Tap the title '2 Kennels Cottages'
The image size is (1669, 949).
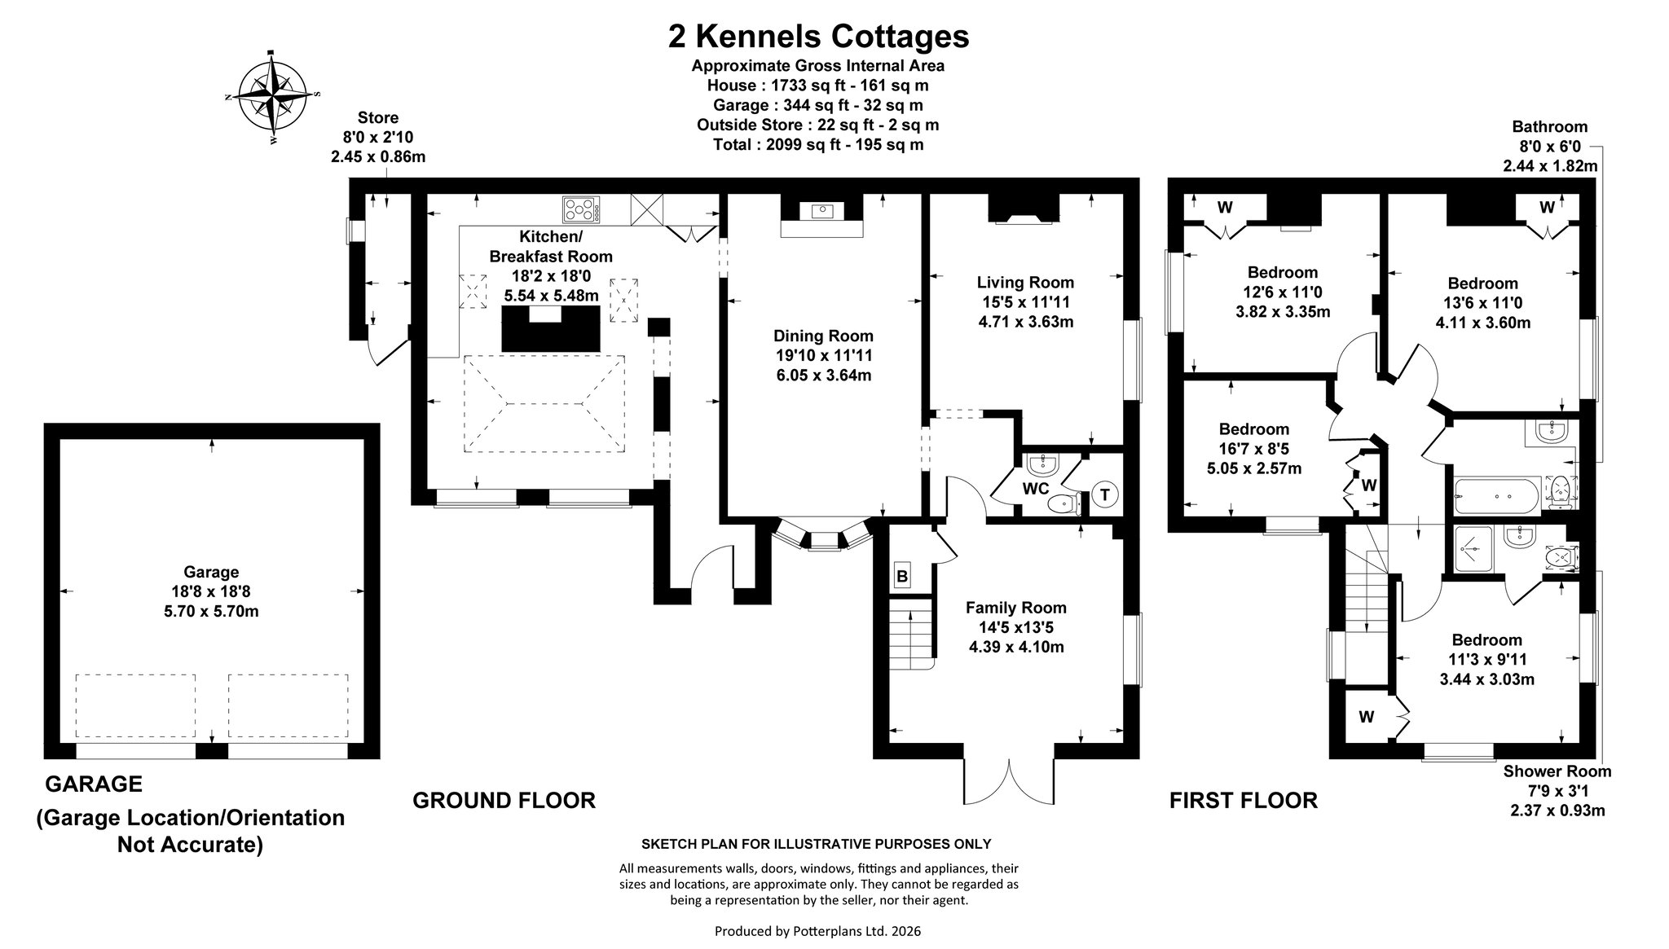818,36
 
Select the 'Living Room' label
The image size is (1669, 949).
1025,283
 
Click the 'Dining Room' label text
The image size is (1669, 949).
823,336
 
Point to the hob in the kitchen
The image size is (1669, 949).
581,210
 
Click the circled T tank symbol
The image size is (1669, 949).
1104,494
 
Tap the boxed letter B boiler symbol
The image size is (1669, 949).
902,577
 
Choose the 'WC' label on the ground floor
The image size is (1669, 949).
1035,489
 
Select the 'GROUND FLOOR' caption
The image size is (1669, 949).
504,800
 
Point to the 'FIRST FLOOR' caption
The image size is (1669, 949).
1243,800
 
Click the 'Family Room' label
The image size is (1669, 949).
1015,608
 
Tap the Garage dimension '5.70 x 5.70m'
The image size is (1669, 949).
211,611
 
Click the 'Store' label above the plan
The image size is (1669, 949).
378,118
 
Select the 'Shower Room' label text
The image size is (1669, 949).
1557,771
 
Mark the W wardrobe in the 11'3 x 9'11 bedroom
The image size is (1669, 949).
1367,718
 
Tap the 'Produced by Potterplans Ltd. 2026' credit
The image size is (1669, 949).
817,930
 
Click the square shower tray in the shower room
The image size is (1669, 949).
1473,551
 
